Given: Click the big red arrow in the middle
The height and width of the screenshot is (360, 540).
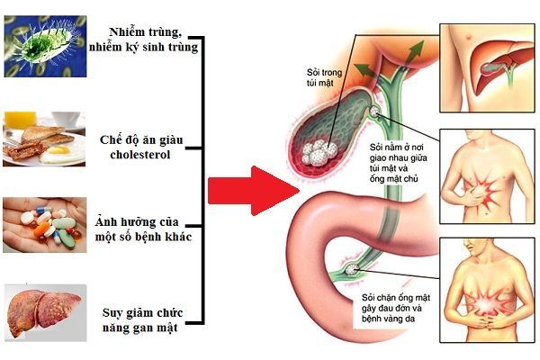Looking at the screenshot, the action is pyautogui.click(x=254, y=191).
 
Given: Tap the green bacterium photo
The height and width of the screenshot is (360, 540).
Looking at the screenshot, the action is pyautogui.click(x=45, y=46).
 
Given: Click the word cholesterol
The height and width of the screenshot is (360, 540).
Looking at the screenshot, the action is pyautogui.click(x=140, y=155).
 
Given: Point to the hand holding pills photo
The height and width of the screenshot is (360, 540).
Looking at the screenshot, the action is pyautogui.click(x=45, y=225).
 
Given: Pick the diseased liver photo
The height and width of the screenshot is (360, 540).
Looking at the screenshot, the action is pyautogui.click(x=45, y=312).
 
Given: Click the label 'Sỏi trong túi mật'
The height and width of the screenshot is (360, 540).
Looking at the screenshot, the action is pyautogui.click(x=324, y=77).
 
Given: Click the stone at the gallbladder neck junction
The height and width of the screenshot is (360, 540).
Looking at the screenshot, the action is pyautogui.click(x=374, y=112).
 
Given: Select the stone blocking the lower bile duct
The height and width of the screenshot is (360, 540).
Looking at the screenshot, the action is pyautogui.click(x=352, y=269).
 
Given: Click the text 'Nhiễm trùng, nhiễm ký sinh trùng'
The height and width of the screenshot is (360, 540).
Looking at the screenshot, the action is pyautogui.click(x=144, y=40).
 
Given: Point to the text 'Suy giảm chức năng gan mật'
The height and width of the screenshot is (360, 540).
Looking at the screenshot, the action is pyautogui.click(x=142, y=320).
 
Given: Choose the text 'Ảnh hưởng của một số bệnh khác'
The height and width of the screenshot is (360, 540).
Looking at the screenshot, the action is pyautogui.click(x=143, y=229).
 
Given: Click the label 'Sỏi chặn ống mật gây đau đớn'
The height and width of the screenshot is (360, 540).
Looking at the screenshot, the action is pyautogui.click(x=396, y=302).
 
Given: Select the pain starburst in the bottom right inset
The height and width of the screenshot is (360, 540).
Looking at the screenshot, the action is pyautogui.click(x=486, y=303).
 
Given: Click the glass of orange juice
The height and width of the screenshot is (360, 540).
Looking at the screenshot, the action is pyautogui.click(x=20, y=121).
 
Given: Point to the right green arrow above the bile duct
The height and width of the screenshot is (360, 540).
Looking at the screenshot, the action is pyautogui.click(x=412, y=53).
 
